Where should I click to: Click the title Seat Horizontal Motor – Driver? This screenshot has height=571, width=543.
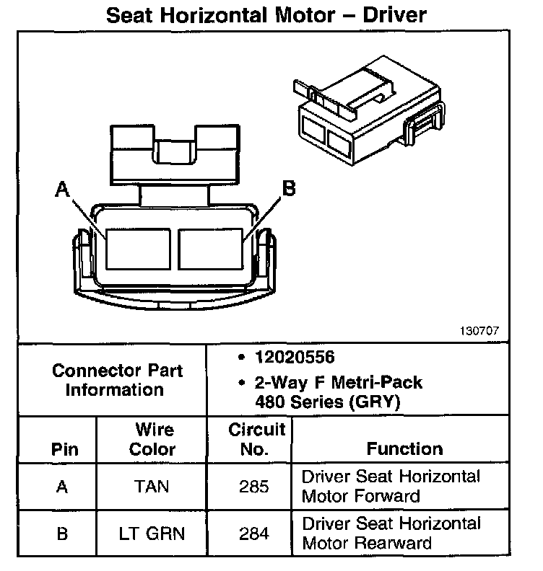(x=266, y=15)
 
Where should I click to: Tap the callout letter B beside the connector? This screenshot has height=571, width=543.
(x=288, y=189)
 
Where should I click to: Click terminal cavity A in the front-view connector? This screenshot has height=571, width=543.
(x=138, y=249)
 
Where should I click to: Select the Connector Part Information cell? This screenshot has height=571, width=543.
(x=117, y=380)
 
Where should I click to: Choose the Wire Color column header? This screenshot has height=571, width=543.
(x=152, y=439)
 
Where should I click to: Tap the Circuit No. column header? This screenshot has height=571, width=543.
(x=257, y=439)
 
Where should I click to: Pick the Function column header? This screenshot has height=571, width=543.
(x=404, y=448)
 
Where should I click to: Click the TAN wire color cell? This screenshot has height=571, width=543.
(x=152, y=487)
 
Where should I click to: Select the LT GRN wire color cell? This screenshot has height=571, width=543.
(x=152, y=534)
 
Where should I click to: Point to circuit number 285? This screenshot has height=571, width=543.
(x=254, y=487)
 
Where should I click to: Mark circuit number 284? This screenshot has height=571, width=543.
(x=254, y=534)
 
